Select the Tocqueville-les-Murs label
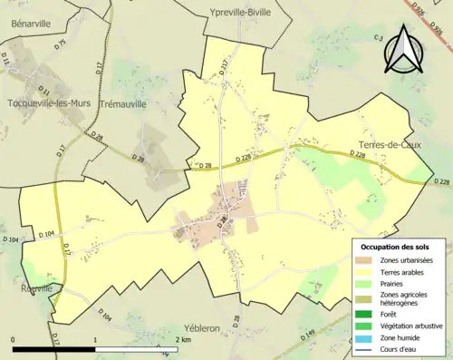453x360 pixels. [47, 102]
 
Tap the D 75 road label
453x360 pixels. [61, 43]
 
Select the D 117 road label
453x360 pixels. [224, 64]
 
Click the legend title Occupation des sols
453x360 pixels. [396, 247]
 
